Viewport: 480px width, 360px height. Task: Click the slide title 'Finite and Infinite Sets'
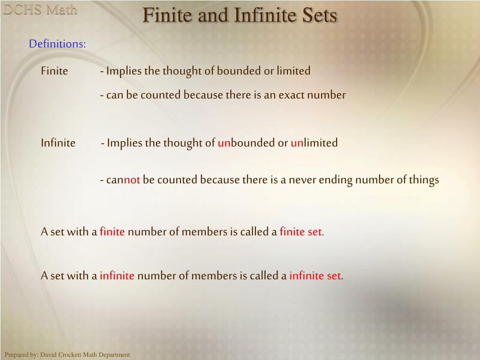click(240, 15)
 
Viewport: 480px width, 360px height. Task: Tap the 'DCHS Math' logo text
click(40, 10)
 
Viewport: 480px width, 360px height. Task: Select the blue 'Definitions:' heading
click(57, 44)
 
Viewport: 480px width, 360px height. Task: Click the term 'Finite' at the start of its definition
click(54, 71)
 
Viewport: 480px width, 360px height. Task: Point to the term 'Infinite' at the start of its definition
click(58, 143)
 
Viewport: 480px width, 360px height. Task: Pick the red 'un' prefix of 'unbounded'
click(224, 143)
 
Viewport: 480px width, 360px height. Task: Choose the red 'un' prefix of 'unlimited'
click(297, 143)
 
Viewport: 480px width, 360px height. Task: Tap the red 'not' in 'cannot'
click(132, 180)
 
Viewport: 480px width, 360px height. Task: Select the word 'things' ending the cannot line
click(424, 180)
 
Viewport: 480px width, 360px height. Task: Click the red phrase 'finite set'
click(300, 232)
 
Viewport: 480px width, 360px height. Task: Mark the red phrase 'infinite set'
click(315, 276)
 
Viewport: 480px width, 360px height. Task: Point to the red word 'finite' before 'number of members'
click(112, 232)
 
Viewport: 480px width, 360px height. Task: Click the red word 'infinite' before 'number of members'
click(117, 276)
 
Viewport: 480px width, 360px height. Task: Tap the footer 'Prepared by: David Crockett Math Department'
click(67, 355)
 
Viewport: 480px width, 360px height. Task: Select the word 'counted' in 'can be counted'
click(160, 95)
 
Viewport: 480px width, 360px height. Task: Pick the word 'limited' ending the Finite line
click(293, 71)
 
